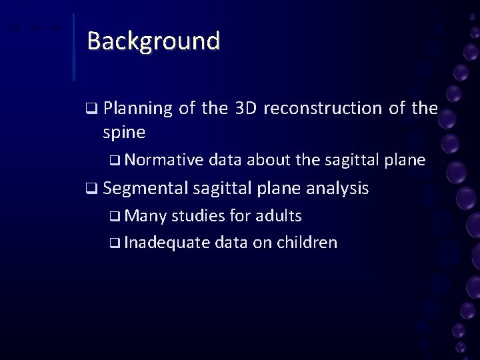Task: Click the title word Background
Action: pyautogui.click(x=153, y=41)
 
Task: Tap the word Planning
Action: pyautogui.click(x=138, y=108)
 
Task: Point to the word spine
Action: pyautogui.click(x=124, y=132)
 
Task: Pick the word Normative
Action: pyautogui.click(x=163, y=160)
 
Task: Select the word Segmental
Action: pyautogui.click(x=146, y=189)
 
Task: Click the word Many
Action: pyautogui.click(x=145, y=216)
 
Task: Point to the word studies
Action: pyautogui.click(x=199, y=216)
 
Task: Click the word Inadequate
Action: pyautogui.click(x=167, y=242)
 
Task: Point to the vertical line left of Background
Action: pyautogui.click(x=73, y=47)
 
